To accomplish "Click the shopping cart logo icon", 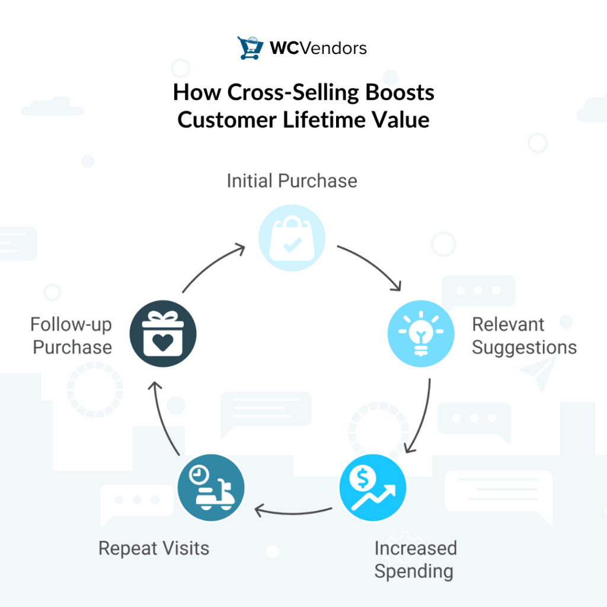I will pyautogui.click(x=250, y=48).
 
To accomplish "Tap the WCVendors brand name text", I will pyautogui.click(x=318, y=48).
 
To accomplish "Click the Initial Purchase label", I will pyautogui.click(x=292, y=181).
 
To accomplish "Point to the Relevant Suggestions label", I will pyautogui.click(x=524, y=336).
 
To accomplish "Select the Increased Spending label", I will pyautogui.click(x=415, y=560).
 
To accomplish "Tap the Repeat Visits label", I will pyautogui.click(x=154, y=548).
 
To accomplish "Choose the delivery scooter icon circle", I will pyautogui.click(x=211, y=490).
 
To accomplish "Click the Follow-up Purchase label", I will pyautogui.click(x=72, y=336).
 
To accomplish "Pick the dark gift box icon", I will pyautogui.click(x=164, y=334).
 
